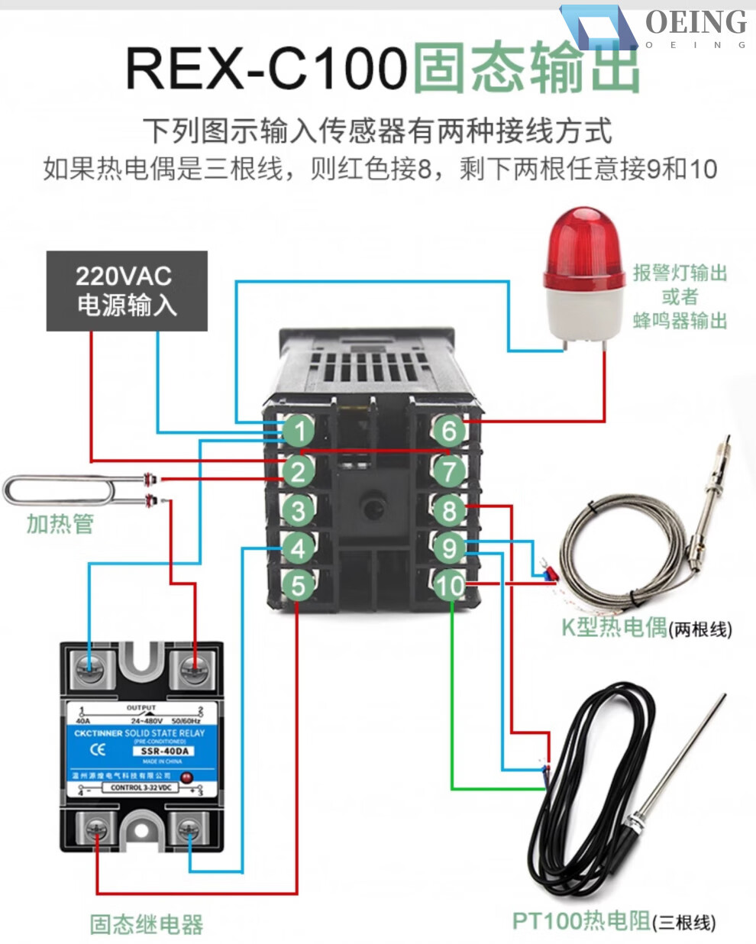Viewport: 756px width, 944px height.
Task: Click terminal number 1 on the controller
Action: click(x=298, y=430)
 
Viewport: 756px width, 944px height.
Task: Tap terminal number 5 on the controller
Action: click(x=298, y=585)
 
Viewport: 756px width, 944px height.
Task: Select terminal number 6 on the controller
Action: click(x=449, y=430)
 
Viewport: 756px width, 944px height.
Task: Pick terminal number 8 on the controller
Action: click(x=449, y=509)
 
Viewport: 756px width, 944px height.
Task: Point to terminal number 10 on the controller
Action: click(x=449, y=585)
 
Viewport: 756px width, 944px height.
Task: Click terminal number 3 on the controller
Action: click(x=298, y=509)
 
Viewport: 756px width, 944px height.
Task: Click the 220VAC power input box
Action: click(x=127, y=291)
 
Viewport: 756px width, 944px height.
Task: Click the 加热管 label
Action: click(x=60, y=524)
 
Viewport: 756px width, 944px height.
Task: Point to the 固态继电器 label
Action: click(x=147, y=924)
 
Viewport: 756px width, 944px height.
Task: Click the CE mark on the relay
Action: click(x=98, y=749)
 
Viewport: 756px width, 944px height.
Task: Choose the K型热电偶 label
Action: click(x=614, y=627)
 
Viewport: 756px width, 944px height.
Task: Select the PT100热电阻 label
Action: click(x=580, y=920)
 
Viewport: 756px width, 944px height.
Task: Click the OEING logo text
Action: click(x=696, y=23)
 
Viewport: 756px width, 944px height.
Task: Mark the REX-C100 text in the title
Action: click(x=266, y=68)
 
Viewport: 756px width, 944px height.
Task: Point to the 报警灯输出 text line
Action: click(x=680, y=273)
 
